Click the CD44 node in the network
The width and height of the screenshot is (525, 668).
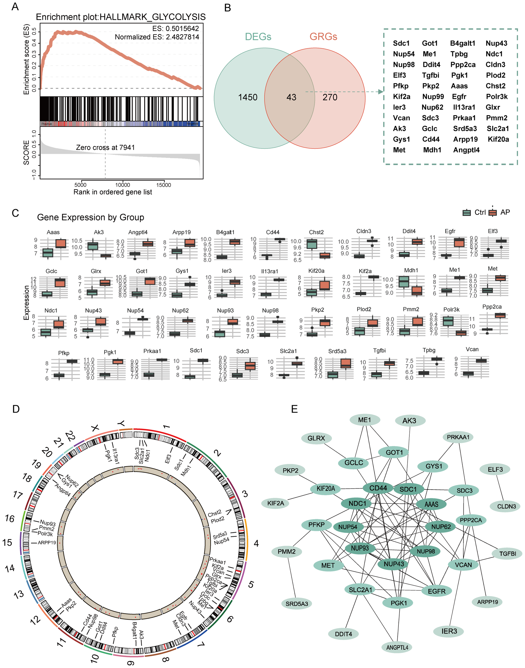click(x=378, y=488)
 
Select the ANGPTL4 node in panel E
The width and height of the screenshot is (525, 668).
click(x=397, y=647)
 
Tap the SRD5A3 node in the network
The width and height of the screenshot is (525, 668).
click(x=297, y=604)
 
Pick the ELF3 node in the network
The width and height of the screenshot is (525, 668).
click(x=495, y=469)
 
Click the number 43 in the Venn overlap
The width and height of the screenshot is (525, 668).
click(x=291, y=97)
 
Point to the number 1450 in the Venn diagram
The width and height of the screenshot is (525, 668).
click(x=248, y=97)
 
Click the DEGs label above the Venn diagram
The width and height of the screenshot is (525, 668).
click(x=258, y=37)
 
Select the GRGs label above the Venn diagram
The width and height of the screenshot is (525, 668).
click(x=323, y=37)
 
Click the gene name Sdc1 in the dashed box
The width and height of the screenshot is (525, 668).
click(x=401, y=43)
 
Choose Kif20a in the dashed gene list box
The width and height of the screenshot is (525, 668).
click(x=498, y=139)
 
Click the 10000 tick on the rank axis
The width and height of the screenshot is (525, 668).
click(x=122, y=185)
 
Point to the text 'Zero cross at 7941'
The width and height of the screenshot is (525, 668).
click(x=105, y=148)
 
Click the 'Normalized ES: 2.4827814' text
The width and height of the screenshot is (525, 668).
click(x=157, y=37)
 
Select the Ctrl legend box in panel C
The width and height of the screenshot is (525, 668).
click(x=467, y=213)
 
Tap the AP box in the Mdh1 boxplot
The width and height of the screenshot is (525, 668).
click(x=417, y=290)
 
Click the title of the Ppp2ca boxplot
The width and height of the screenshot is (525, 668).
click(x=492, y=307)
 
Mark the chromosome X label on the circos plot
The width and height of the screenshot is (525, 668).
click(x=96, y=428)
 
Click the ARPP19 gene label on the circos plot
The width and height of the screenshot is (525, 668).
click(x=47, y=543)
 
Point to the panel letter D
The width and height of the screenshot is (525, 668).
click(x=16, y=409)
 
